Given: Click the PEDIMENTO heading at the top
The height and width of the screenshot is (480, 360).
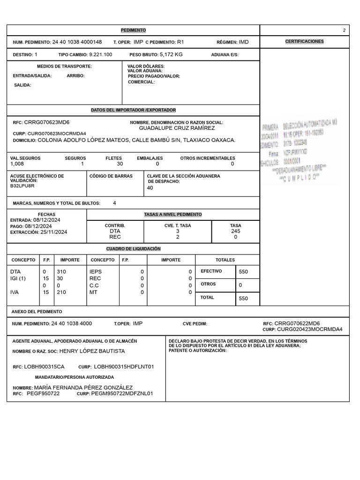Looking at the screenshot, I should (x=133, y=30).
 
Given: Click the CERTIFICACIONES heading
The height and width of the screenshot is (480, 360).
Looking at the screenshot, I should (x=304, y=42).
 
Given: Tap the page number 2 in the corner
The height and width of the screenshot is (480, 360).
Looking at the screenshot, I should (x=344, y=30).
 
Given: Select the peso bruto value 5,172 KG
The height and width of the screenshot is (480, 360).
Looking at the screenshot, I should (x=171, y=54).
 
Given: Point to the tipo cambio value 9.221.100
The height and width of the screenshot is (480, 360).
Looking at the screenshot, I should (x=100, y=55).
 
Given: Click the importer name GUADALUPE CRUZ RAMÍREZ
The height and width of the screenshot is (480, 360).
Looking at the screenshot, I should (x=177, y=128).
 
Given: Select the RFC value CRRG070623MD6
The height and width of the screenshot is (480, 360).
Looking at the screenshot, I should (x=47, y=122).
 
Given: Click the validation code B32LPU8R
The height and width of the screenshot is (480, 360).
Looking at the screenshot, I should (x=22, y=186).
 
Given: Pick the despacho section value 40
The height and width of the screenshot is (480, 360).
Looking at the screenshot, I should (x=150, y=188).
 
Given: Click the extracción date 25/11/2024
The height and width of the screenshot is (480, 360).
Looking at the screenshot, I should (x=54, y=232).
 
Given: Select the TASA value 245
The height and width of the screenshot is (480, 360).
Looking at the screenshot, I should (x=235, y=231).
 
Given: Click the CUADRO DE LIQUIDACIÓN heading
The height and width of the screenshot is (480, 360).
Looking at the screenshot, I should (x=133, y=249).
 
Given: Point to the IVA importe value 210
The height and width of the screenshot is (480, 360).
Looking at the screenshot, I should (x=61, y=292).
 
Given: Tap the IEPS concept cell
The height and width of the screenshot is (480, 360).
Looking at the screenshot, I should (x=95, y=271).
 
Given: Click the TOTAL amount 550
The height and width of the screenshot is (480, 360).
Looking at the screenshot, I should (x=243, y=298).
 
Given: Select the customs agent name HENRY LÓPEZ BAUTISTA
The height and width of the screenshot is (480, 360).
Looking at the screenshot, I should (x=92, y=351).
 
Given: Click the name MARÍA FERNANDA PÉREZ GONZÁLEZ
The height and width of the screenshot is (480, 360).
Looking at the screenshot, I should (x=83, y=388).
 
